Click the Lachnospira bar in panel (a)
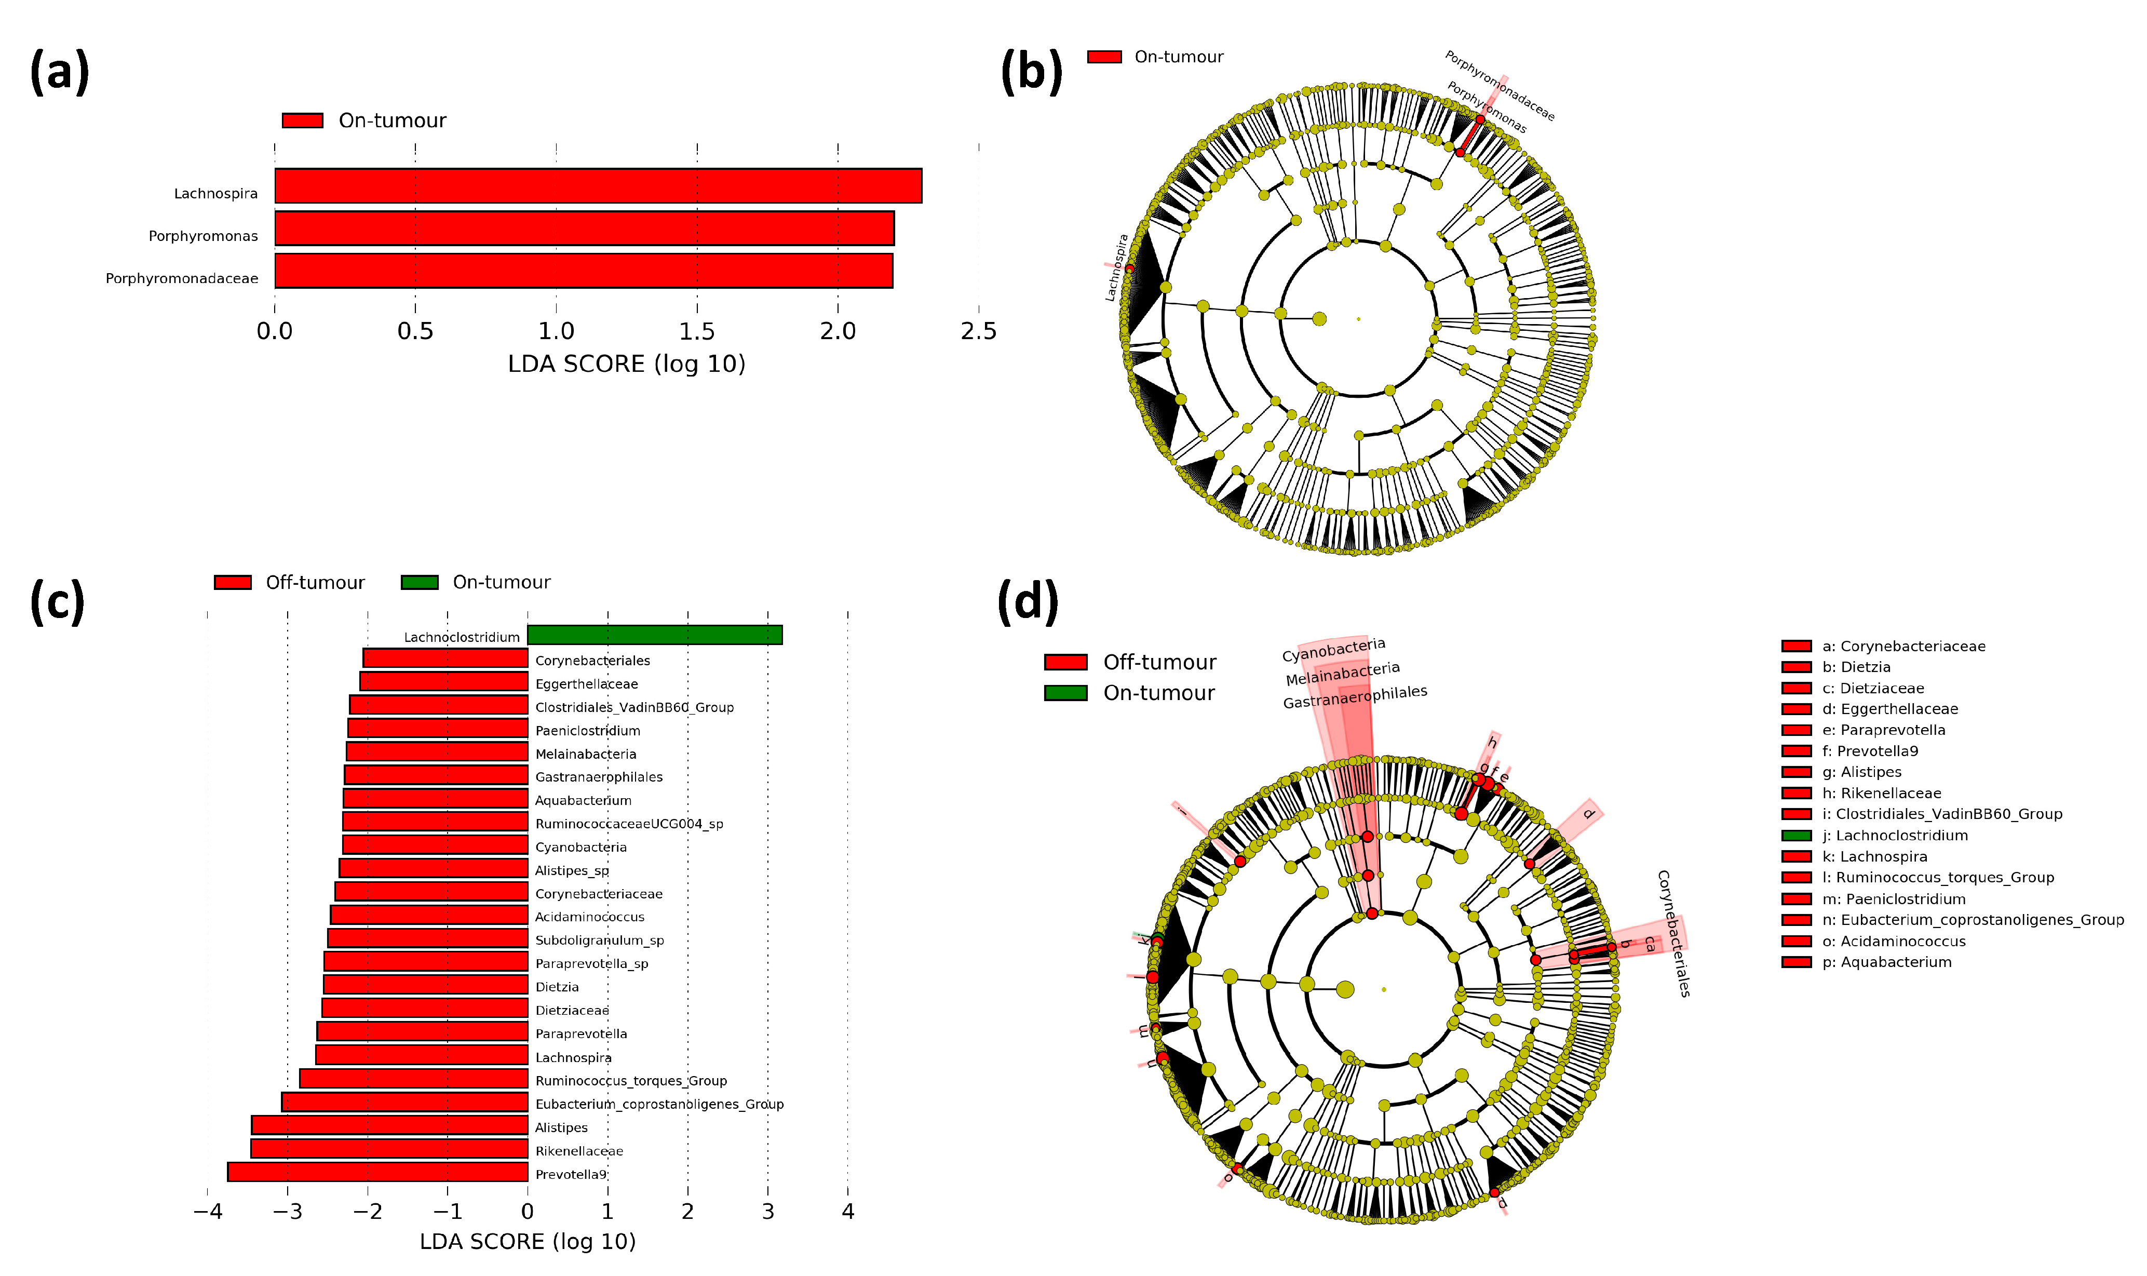(597, 186)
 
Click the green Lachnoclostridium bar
(654, 635)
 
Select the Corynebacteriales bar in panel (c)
(445, 659)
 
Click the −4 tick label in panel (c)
(207, 1212)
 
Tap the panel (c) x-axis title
(527, 1242)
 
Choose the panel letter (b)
(1031, 71)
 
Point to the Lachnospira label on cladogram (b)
(1116, 267)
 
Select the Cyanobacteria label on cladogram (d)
(1333, 650)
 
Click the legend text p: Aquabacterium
(1886, 963)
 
